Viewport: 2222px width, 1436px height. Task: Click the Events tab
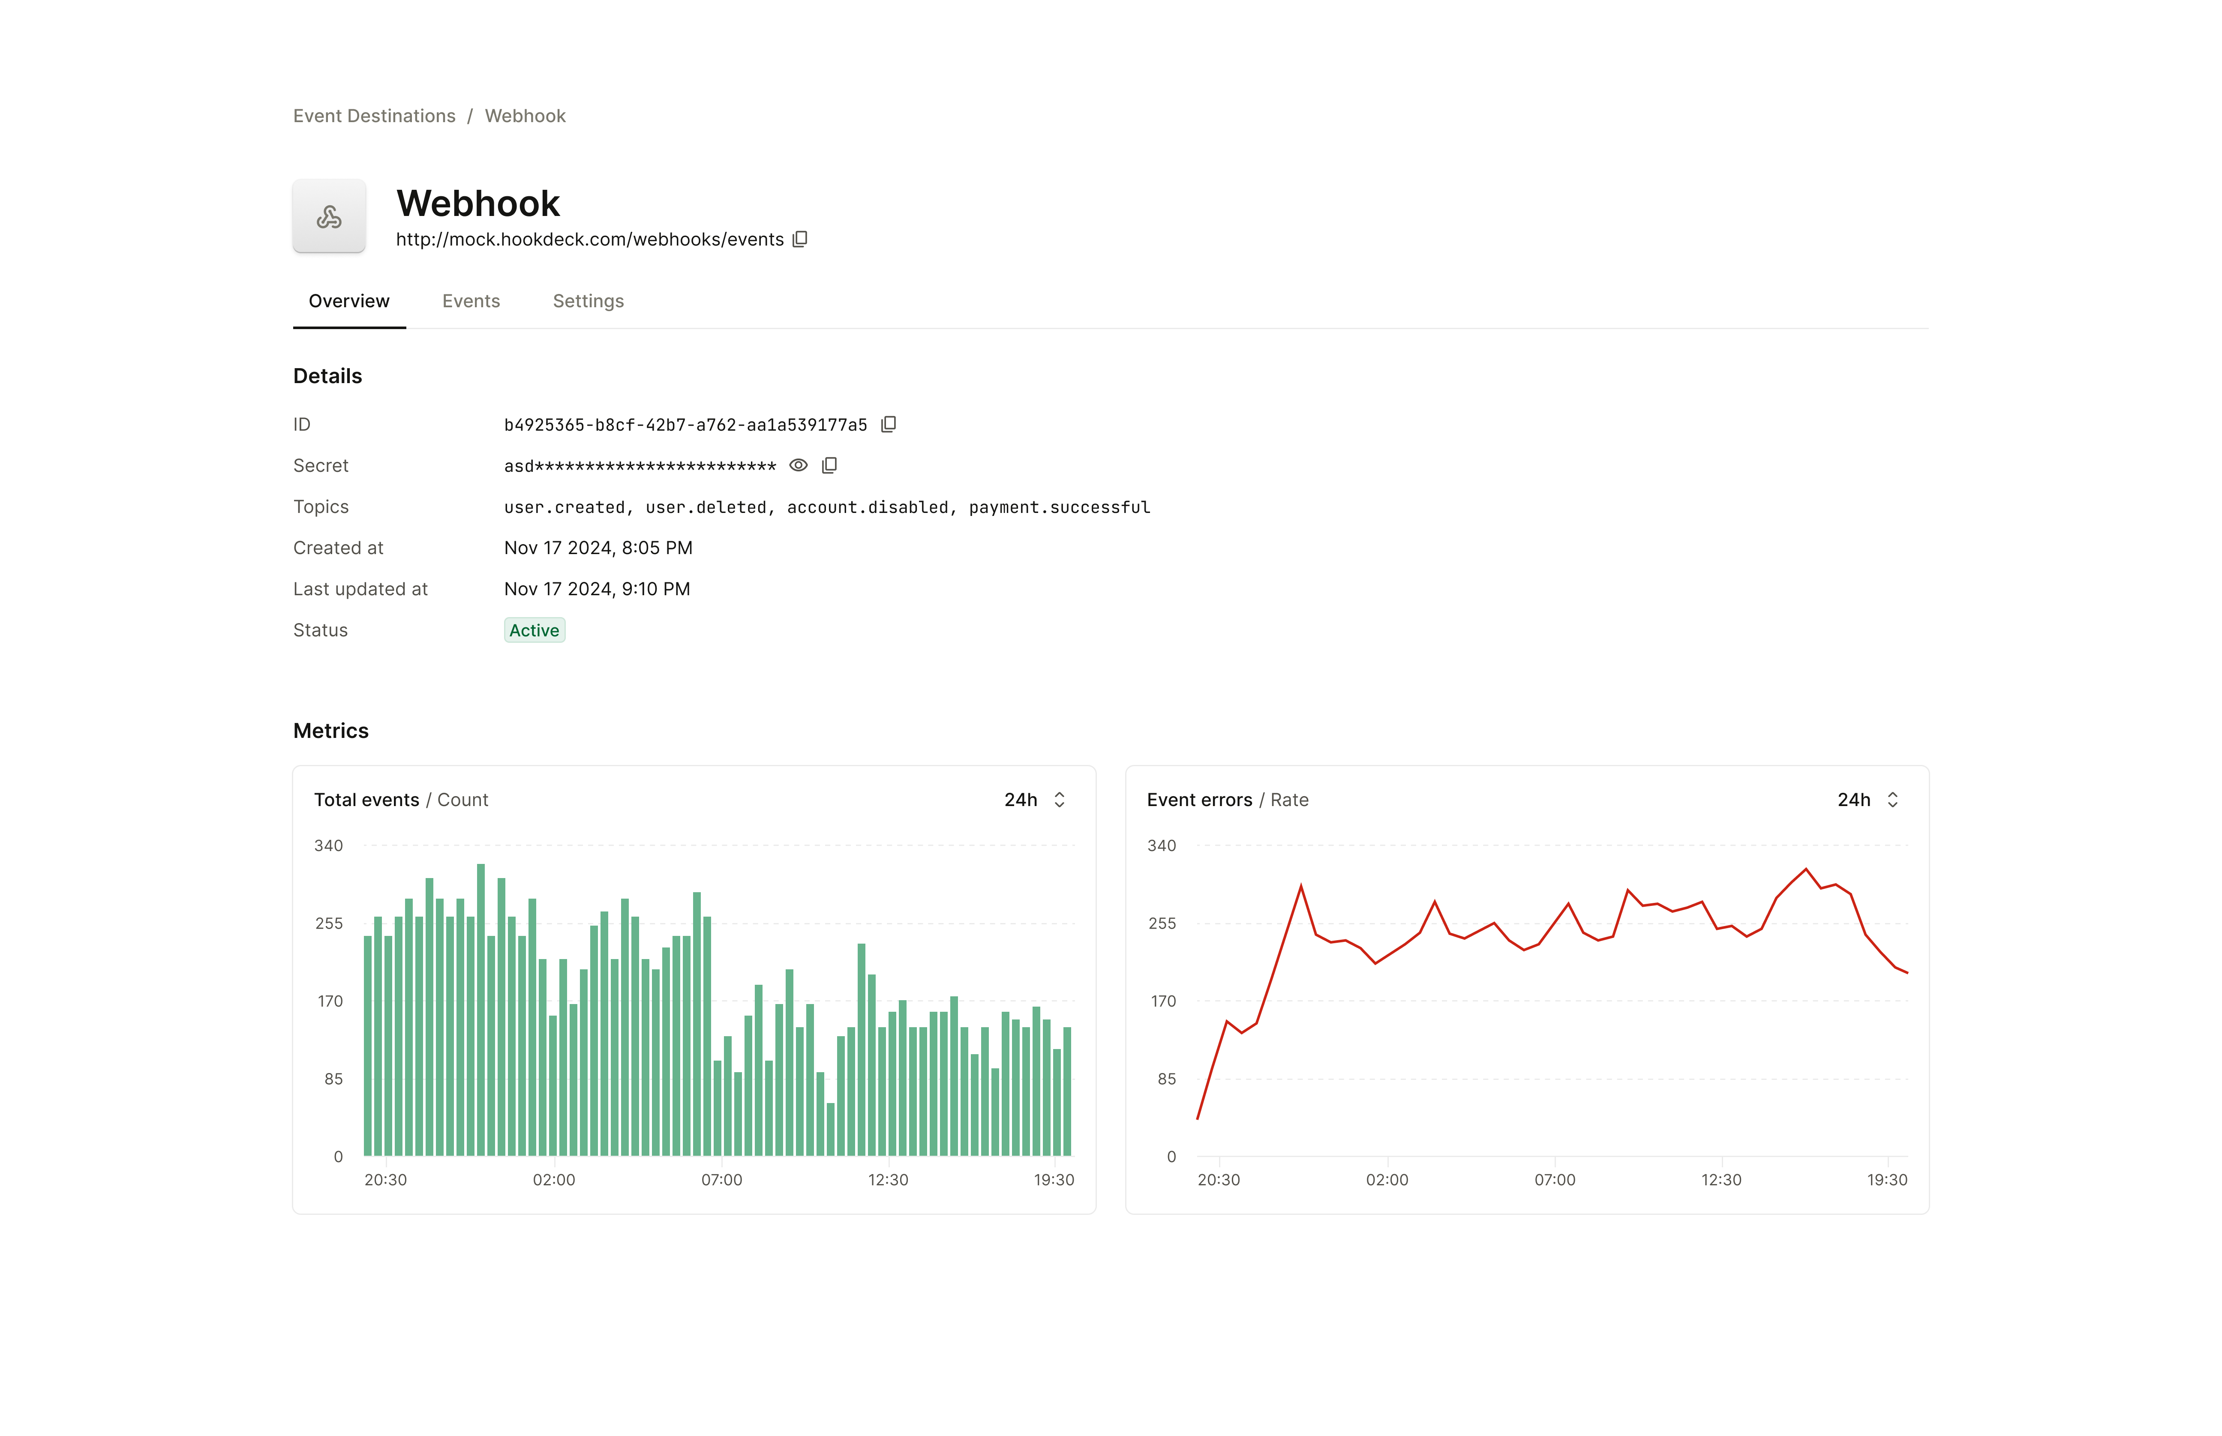point(471,301)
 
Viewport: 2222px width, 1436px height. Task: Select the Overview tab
point(349,301)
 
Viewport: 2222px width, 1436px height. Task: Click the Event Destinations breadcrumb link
point(374,116)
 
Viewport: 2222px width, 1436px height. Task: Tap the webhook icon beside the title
point(329,216)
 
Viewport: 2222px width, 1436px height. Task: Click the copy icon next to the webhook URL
point(800,240)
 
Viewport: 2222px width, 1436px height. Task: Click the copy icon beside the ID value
point(889,424)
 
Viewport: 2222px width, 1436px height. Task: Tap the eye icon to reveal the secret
point(798,465)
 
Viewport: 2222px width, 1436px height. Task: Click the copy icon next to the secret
point(829,465)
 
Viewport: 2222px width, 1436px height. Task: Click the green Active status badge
point(534,630)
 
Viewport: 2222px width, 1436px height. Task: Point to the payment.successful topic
point(1059,507)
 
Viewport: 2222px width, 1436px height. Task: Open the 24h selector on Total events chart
point(1035,800)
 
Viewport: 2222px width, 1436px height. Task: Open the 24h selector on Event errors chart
point(1868,800)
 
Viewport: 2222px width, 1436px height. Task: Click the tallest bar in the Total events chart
point(481,1007)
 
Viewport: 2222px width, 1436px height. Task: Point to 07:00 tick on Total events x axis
point(722,1180)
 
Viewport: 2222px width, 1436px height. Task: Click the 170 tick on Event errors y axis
point(1163,1001)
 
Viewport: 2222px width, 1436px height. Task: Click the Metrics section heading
point(331,731)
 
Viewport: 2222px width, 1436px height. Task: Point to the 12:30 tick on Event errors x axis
point(1721,1180)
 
